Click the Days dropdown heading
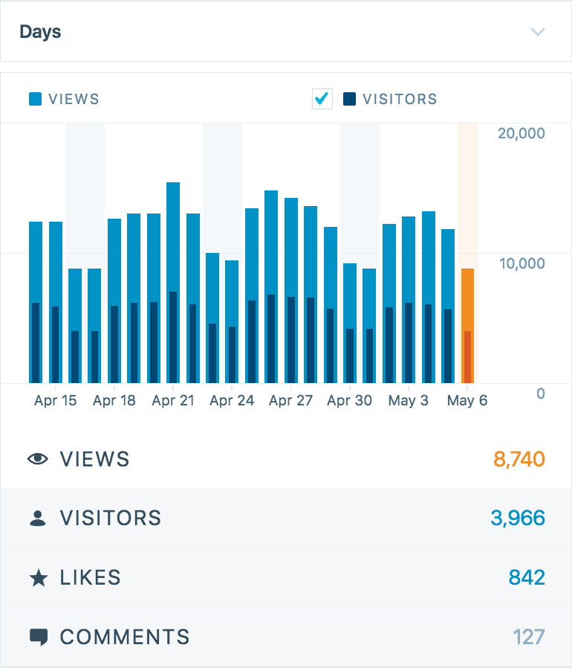[40, 32]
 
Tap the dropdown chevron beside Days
[538, 32]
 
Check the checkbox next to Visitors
[322, 99]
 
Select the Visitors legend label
[399, 99]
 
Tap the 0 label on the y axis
[541, 394]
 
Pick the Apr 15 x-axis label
[55, 400]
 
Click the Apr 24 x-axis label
[232, 400]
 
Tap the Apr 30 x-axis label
[349, 400]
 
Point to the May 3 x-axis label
[408, 400]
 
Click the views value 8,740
[519, 459]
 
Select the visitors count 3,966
[518, 518]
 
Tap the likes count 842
[527, 577]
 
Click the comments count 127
[528, 637]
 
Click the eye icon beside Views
[38, 459]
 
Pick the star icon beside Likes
[38, 578]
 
